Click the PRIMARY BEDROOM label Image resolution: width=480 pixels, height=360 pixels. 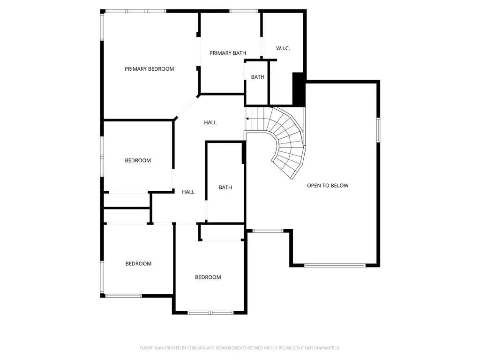click(149, 69)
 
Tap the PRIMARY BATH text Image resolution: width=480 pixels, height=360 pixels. click(227, 53)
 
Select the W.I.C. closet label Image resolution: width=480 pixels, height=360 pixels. click(283, 48)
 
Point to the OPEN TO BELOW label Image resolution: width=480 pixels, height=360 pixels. click(328, 186)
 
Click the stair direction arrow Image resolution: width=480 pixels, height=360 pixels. click(248, 119)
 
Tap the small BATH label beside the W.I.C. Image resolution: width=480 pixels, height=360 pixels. click(257, 77)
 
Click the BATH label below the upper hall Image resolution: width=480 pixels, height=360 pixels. click(225, 187)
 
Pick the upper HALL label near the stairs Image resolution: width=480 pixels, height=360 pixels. click(210, 122)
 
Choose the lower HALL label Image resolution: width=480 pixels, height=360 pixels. click(188, 192)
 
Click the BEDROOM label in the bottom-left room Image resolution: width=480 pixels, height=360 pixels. click(138, 264)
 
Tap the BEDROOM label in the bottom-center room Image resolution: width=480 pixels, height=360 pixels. click(208, 277)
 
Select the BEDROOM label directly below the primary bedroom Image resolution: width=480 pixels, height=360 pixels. click(138, 161)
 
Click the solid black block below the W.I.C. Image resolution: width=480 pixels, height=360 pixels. click(299, 89)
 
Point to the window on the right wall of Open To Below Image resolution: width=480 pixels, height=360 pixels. click(378, 129)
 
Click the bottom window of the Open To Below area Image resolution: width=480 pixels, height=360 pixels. click(335, 265)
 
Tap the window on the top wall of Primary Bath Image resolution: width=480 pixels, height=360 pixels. click(243, 11)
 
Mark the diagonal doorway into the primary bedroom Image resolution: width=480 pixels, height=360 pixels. click(187, 107)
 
